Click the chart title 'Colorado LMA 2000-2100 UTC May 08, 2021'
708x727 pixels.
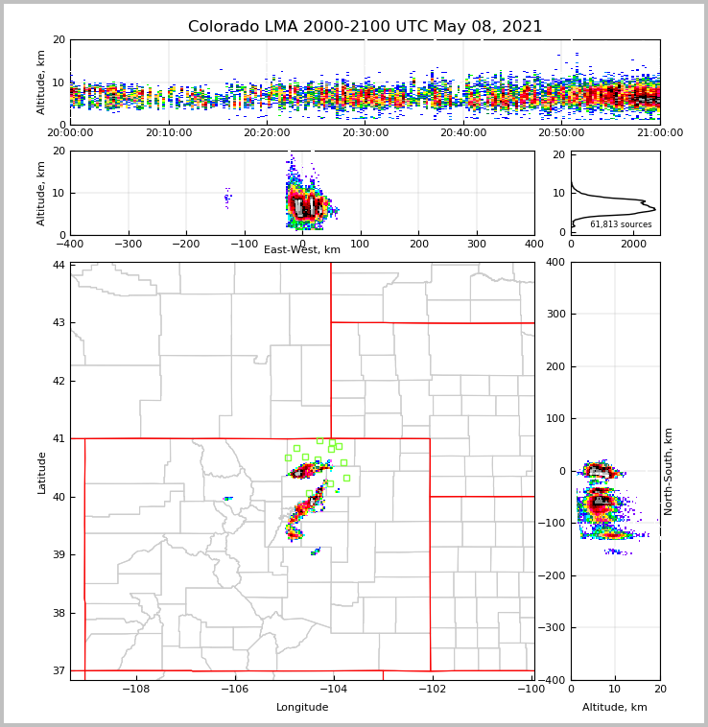pos(365,27)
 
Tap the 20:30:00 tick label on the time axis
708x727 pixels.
pos(366,133)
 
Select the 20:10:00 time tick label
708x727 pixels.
pos(169,133)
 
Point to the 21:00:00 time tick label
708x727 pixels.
pos(660,133)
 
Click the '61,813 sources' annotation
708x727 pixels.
pos(621,224)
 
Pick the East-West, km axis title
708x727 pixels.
pos(302,250)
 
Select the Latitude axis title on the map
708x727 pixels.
pos(41,472)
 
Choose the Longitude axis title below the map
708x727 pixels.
pos(302,708)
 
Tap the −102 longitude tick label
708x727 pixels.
pos(431,690)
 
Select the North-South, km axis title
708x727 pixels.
pos(669,471)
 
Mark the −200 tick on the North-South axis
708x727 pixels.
pos(554,575)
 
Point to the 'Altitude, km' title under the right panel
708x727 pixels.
pos(615,708)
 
